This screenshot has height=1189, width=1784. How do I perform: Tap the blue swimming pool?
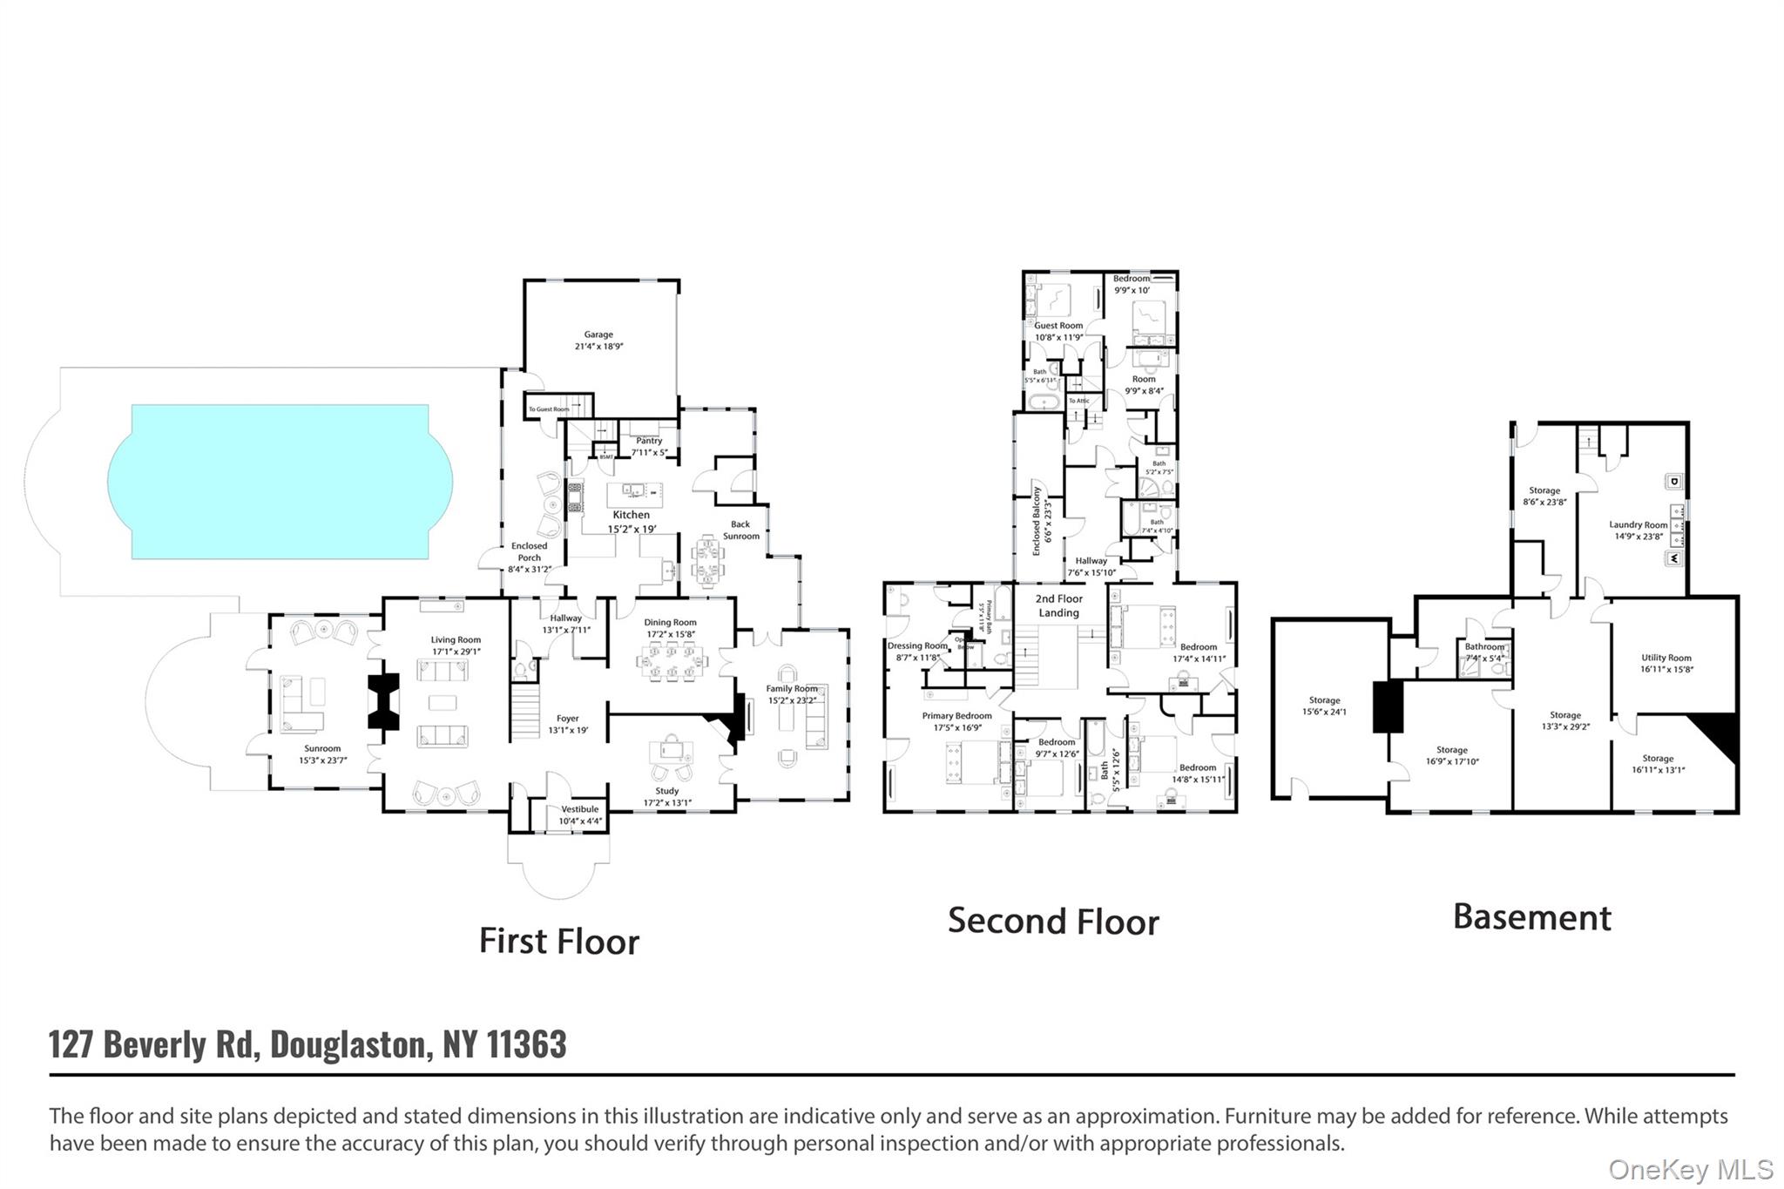click(280, 481)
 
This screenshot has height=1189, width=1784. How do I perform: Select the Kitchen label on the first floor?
click(631, 515)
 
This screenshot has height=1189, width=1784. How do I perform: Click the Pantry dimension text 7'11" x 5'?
click(649, 452)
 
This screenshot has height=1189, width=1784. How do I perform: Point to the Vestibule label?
click(579, 809)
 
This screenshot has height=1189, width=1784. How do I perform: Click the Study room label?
click(666, 791)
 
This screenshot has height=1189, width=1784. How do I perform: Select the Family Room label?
click(792, 688)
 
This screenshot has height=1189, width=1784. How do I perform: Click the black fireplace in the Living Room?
click(383, 701)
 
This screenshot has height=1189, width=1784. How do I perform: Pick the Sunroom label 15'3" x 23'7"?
click(322, 754)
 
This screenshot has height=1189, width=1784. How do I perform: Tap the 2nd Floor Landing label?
click(1059, 605)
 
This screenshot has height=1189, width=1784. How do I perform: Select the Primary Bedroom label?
click(956, 716)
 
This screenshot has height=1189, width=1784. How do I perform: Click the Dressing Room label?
click(916, 646)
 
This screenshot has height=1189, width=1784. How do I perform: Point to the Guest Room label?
click(1058, 326)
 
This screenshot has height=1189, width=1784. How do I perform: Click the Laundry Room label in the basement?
click(1638, 525)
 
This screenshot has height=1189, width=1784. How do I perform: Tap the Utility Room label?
click(1666, 658)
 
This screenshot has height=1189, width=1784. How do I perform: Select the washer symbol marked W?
click(1673, 558)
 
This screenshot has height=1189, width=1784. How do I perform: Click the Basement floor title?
click(1532, 917)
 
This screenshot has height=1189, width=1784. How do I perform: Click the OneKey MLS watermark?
click(1690, 1169)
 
